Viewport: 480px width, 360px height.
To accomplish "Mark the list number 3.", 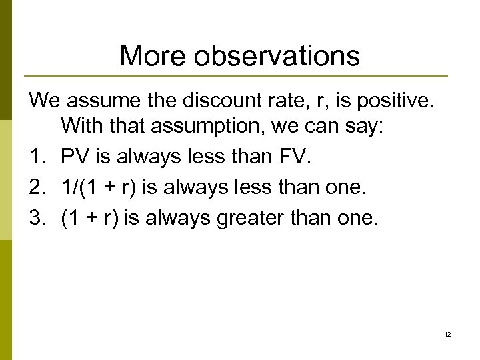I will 35,218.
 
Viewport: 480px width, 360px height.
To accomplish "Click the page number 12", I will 447,335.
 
